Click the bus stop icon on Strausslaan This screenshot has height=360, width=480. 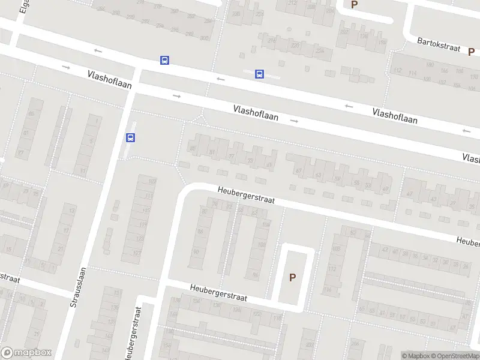pos(130,137)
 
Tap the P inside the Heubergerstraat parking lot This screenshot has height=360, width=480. pos(293,277)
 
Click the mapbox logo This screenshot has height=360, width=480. pos(25,353)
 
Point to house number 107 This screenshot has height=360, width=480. pos(152,181)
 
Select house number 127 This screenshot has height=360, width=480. pos(137,253)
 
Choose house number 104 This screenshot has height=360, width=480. pos(266,224)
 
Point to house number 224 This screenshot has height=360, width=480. pos(319,51)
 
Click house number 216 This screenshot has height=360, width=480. pos(272,40)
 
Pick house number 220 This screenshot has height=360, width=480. pos(295,45)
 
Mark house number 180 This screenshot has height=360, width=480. pos(428,65)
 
